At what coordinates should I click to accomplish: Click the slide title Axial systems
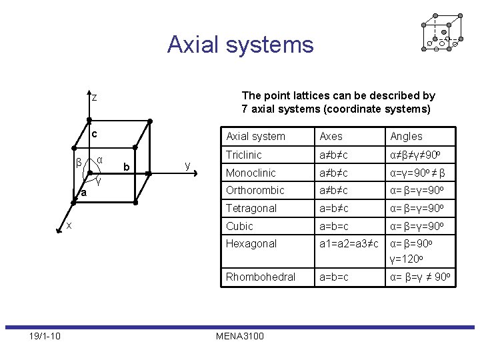point(240,45)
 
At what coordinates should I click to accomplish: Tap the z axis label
point(95,98)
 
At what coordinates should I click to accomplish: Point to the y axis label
point(187,165)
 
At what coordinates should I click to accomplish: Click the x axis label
point(69,226)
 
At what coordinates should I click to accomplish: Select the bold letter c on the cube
point(95,134)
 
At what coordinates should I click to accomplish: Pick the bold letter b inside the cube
point(126,166)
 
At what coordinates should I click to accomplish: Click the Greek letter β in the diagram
point(79,162)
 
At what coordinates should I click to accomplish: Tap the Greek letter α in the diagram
point(99,160)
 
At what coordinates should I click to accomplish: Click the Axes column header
point(331,136)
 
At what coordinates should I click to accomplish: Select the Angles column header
point(406,136)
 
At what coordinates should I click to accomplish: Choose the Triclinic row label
point(243,155)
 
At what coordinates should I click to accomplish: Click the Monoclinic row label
point(250,173)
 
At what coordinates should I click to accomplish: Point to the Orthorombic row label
point(255,190)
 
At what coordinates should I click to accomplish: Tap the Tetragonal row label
point(251,208)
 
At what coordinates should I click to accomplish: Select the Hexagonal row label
point(251,243)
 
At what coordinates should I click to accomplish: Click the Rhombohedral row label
point(260,277)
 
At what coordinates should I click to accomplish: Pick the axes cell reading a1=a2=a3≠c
point(349,243)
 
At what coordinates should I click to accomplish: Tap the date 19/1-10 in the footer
point(45,335)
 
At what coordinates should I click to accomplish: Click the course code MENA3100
point(239,335)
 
